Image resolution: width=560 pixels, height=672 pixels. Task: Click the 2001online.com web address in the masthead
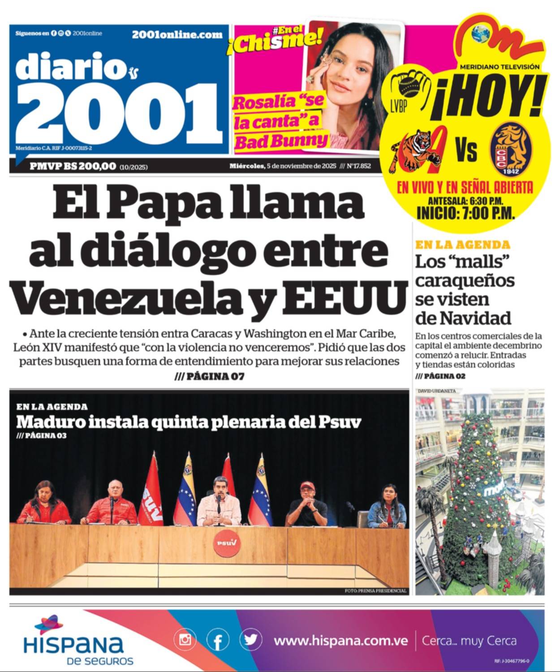pyautogui.click(x=177, y=34)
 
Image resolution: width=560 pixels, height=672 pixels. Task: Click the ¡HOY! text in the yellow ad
pyautogui.click(x=488, y=98)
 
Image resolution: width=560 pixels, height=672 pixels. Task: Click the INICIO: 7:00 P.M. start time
pyautogui.click(x=465, y=213)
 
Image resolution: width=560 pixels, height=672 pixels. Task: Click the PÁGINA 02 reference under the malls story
pyautogui.click(x=440, y=376)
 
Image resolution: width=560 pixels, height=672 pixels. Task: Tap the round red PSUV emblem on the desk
pyautogui.click(x=226, y=543)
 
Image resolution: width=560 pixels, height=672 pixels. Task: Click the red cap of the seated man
pyautogui.click(x=306, y=485)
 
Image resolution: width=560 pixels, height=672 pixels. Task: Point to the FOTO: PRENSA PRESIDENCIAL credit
pyautogui.click(x=375, y=591)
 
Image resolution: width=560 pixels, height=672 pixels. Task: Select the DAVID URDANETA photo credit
pyautogui.click(x=436, y=391)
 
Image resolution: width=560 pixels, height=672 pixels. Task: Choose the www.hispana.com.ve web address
pyautogui.click(x=340, y=641)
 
